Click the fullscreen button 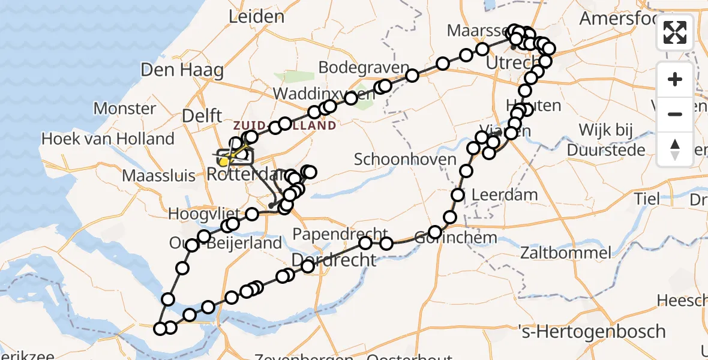click(675, 32)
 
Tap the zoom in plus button click(675, 79)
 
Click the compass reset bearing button click(675, 149)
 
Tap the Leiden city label click(256, 16)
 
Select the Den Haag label click(182, 70)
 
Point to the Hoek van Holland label click(107, 139)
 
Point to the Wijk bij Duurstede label click(611, 140)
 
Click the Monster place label click(125, 109)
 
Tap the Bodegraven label click(355, 67)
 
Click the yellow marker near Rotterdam click(223, 161)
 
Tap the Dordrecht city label click(334, 260)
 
